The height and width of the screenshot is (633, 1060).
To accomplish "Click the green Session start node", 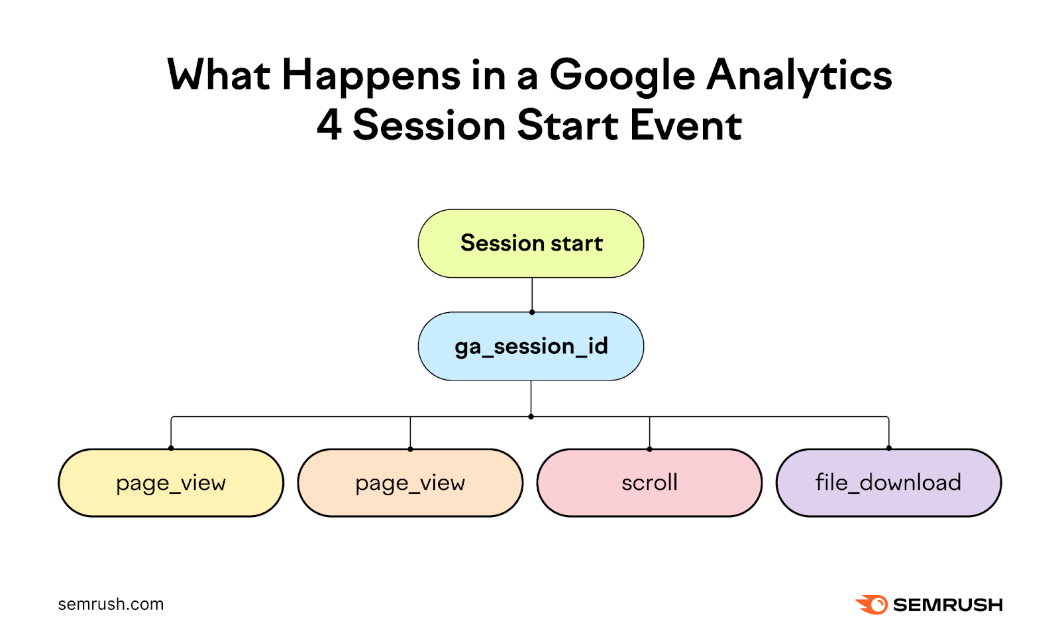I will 531,243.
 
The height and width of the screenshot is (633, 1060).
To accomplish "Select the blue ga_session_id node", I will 531,346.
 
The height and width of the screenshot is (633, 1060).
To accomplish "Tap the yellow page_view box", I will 171,483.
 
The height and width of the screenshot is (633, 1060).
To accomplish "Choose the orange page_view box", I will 410,483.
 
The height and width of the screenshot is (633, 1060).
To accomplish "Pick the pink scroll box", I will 649,483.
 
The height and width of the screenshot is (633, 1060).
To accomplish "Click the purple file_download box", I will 888,483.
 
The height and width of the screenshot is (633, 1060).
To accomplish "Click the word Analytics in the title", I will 799,76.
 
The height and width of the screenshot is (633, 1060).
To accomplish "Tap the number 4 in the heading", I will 329,125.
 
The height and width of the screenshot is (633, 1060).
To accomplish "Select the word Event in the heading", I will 686,125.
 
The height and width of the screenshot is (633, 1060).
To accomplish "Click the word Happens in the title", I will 371,76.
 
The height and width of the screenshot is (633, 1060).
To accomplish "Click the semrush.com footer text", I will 111,604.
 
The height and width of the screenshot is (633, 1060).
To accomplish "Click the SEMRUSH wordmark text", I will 947,605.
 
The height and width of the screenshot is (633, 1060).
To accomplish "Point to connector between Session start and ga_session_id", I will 532,294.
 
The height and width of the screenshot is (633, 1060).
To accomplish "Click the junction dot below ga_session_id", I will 531,416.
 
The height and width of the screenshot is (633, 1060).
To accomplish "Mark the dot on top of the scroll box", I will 649,449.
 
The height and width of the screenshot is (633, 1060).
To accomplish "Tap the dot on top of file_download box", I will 888,448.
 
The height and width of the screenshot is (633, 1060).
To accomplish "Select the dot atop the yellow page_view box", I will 171,448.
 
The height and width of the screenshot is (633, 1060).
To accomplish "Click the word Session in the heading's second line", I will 429,125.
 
